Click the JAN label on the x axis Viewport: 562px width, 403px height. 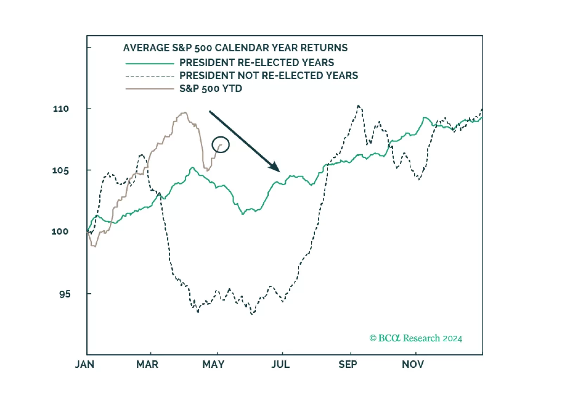84,364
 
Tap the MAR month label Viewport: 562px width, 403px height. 147,364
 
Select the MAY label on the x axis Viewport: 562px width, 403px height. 213,364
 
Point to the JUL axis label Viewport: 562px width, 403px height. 281,364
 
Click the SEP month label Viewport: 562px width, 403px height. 348,364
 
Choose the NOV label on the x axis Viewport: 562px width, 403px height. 413,364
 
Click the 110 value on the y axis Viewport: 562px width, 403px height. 61,109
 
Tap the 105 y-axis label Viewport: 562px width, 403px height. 61,170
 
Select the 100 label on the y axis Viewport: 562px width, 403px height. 60,232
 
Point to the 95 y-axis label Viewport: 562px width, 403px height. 65,294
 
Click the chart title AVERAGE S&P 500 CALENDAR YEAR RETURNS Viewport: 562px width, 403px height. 235,48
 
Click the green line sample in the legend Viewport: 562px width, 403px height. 150,63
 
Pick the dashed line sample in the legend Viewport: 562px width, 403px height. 150,76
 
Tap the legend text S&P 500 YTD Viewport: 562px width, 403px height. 211,89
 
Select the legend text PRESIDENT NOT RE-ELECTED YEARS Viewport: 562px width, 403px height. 269,76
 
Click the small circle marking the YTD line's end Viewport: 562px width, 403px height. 221,144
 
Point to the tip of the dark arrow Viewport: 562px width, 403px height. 279,171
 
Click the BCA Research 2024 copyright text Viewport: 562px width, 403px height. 416,338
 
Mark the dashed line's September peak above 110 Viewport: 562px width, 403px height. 358,105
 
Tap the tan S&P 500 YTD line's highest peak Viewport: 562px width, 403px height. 184,113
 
